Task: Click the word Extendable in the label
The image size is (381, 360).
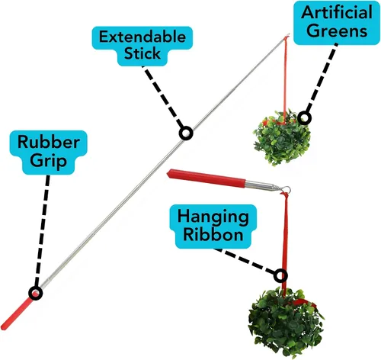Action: [142, 37]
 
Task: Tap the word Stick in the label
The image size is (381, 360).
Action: [142, 53]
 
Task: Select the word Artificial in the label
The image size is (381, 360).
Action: [337, 12]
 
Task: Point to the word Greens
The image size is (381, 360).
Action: [338, 31]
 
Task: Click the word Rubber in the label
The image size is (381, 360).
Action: [49, 142]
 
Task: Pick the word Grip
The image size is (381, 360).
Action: [48, 161]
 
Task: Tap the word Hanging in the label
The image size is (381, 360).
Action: [213, 217]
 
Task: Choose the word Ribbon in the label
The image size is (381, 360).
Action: [213, 234]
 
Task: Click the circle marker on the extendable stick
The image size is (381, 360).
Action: [186, 133]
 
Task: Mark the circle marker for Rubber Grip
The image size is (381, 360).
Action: [36, 293]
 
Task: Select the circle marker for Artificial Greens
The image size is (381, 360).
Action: [304, 118]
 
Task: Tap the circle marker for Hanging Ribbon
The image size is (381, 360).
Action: [280, 275]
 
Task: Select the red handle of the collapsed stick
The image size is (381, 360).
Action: [207, 178]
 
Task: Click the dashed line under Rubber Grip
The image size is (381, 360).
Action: [42, 230]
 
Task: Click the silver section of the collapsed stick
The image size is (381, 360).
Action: [264, 185]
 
